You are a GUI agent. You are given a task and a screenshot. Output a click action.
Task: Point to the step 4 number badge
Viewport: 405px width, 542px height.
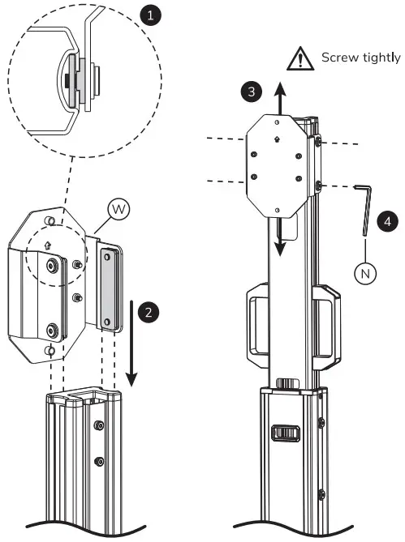tap(388, 220)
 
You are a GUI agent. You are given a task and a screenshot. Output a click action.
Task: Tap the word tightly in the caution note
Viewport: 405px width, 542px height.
tap(383, 58)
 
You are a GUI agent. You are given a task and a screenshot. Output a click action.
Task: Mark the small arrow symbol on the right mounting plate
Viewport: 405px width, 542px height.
tap(278, 139)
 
